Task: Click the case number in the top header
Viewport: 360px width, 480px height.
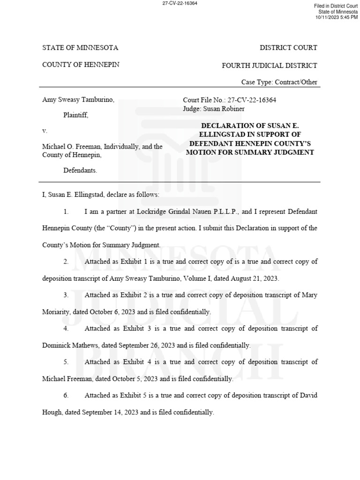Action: pos(180,3)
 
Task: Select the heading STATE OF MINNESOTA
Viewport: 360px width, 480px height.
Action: pos(80,48)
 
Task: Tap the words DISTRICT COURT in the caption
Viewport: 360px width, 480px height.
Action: pos(288,48)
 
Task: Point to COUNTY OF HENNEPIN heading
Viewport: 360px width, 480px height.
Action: pos(81,65)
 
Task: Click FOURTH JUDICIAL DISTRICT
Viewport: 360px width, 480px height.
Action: pos(270,66)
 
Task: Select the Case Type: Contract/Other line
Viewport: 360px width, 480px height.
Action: pos(279,82)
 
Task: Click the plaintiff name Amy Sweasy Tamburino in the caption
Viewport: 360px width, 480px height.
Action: pos(78,100)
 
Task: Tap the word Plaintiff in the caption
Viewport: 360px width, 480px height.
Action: pos(75,115)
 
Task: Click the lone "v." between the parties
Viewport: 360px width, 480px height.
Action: pos(45,131)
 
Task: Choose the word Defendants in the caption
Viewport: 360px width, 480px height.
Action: pos(80,171)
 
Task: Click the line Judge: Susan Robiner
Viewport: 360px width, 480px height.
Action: pos(213,109)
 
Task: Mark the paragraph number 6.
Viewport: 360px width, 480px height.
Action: pos(66,396)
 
